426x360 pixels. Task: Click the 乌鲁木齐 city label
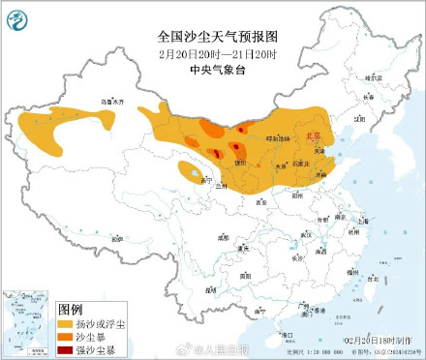tap(114, 101)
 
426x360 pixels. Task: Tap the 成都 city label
tap(224, 235)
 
